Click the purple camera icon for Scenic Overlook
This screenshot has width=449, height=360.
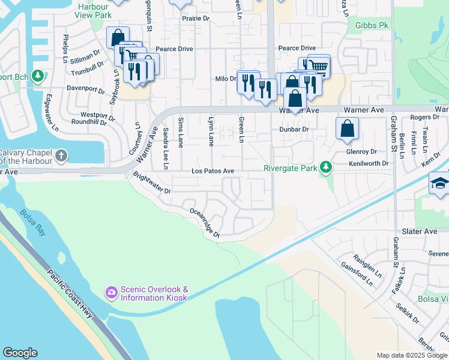(112, 292)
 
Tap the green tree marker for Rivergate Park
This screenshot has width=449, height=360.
(326, 167)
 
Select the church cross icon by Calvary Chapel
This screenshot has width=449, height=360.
(61, 156)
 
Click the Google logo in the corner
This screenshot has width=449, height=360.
(20, 353)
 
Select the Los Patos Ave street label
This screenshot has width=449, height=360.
(212, 171)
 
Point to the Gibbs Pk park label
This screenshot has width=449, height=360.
(372, 26)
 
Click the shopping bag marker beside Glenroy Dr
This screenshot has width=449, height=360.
(348, 129)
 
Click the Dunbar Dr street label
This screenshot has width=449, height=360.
(294, 129)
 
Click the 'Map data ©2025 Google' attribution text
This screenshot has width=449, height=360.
(412, 355)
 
